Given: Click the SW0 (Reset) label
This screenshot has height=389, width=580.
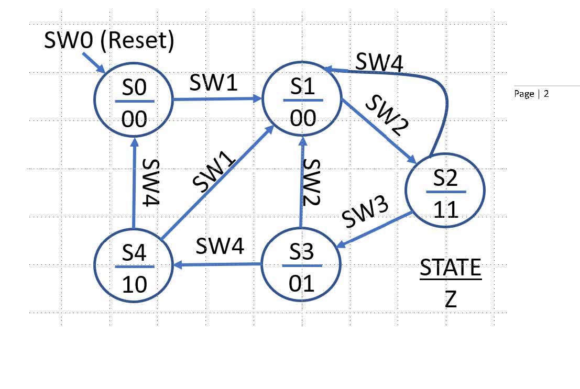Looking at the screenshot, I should tap(109, 41).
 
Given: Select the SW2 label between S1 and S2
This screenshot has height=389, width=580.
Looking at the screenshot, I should tap(387, 117).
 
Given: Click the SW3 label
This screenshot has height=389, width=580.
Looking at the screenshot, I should tap(365, 212).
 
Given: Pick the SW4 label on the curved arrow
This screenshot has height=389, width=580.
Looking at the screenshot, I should tap(379, 62).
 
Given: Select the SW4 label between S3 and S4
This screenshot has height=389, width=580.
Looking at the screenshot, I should tap(220, 246).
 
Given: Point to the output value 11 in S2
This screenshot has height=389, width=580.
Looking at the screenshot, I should tap(445, 209).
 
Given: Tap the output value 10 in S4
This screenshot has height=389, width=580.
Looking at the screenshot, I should tap(134, 284).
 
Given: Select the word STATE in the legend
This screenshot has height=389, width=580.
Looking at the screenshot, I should tap(450, 268).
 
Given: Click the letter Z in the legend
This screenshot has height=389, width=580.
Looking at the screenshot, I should tap(451, 300).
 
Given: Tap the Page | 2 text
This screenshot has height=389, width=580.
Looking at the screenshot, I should tap(531, 94).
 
